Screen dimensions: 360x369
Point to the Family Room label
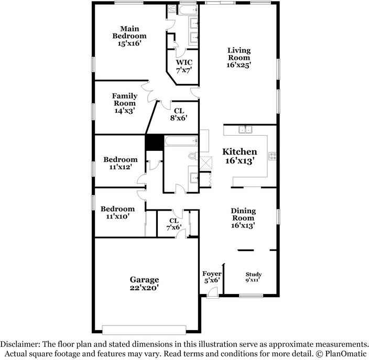[125, 103]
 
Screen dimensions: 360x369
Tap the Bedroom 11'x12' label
[120, 163]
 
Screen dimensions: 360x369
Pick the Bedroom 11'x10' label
[117, 212]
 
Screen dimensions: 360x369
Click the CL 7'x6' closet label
[173, 224]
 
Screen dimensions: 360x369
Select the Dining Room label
[243, 218]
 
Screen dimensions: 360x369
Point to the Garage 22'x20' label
[144, 283]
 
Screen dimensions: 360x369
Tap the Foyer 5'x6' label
[212, 277]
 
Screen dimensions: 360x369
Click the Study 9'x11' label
[254, 277]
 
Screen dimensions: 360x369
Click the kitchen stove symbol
[272, 155]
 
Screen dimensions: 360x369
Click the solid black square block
[153, 143]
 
